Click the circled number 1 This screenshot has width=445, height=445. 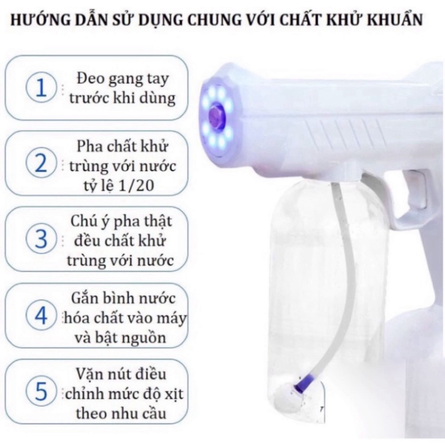(x=41, y=87)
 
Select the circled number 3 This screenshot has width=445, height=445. (x=41, y=239)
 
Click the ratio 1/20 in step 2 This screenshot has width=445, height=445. (x=138, y=185)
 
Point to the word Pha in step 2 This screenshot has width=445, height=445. (x=90, y=146)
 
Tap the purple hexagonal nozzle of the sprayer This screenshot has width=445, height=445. (x=216, y=116)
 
